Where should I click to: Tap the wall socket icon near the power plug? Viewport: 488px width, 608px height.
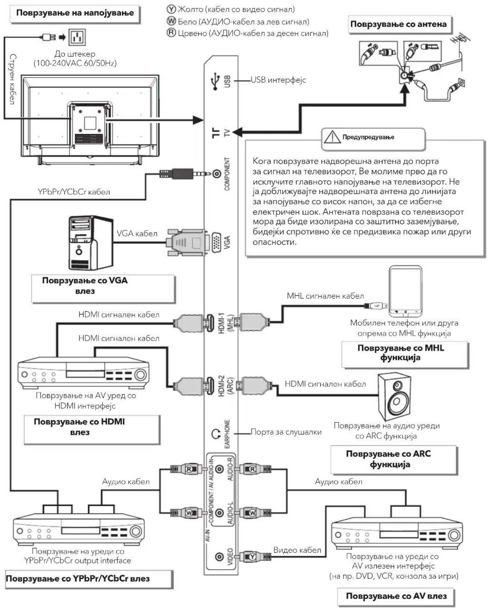point(77,37)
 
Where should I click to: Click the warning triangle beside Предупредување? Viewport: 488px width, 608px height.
point(332,137)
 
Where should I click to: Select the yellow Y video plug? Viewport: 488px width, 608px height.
point(255,557)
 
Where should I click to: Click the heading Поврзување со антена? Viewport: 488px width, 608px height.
point(398,24)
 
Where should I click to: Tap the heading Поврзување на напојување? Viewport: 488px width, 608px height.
point(75,13)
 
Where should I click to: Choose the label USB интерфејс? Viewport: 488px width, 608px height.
point(278,80)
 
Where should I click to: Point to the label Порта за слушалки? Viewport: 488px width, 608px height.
point(286,432)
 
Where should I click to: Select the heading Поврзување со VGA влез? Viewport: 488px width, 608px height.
point(85,286)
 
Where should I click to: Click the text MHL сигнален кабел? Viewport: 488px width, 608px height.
point(325,296)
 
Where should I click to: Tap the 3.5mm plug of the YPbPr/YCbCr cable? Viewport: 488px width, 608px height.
point(185,174)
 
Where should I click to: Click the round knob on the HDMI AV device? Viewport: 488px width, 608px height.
point(140,375)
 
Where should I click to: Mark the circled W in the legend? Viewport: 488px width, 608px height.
point(171,21)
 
